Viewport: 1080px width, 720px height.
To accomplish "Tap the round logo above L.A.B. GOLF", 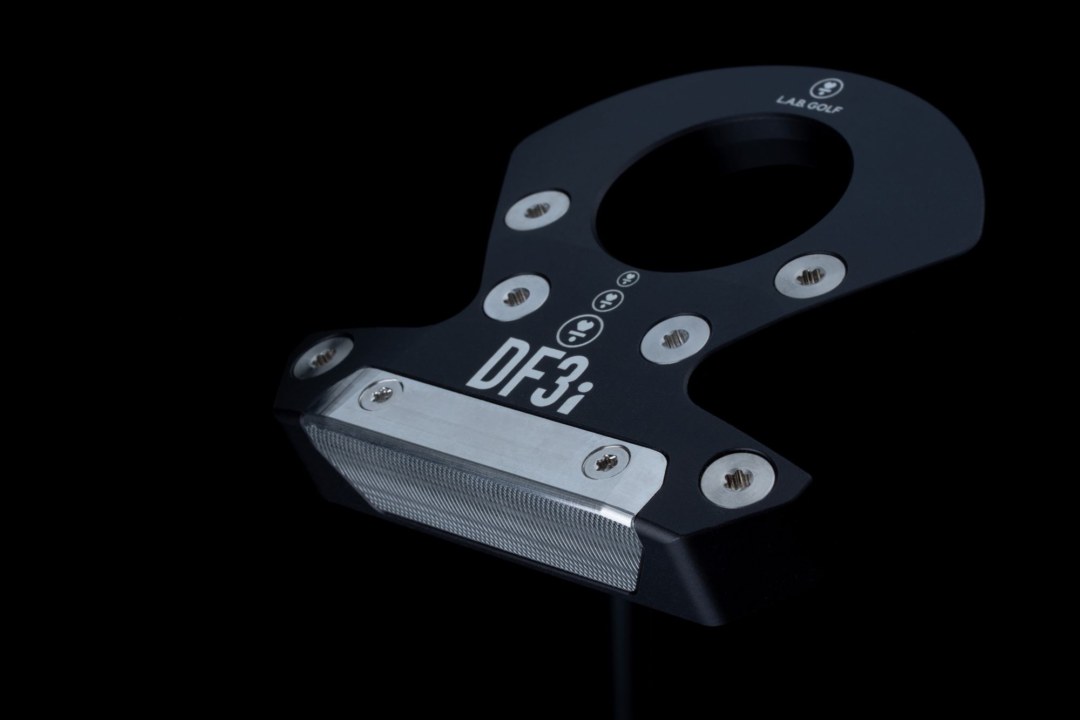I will pyautogui.click(x=820, y=86).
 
